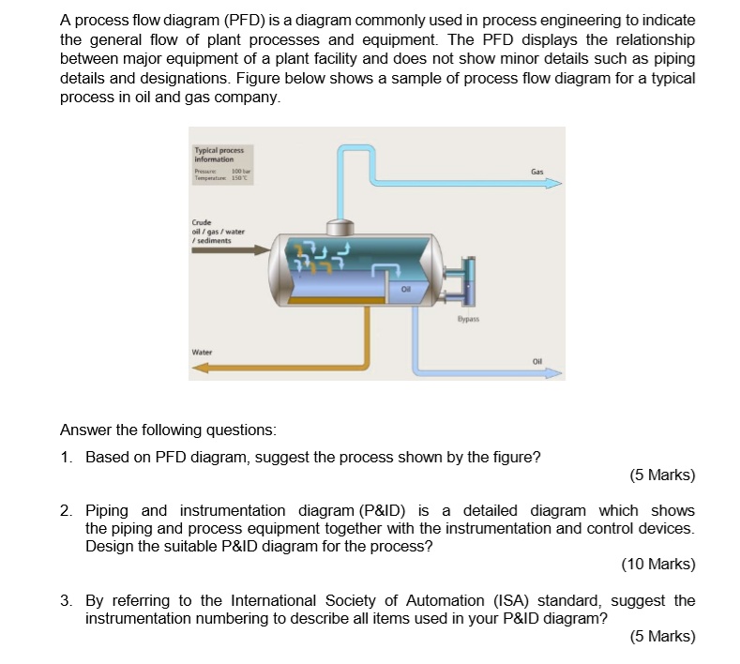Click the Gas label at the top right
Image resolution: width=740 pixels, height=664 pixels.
pyautogui.click(x=536, y=173)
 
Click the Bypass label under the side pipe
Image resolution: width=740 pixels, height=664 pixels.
pyautogui.click(x=468, y=319)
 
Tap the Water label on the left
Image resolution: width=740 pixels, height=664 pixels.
pyautogui.click(x=202, y=353)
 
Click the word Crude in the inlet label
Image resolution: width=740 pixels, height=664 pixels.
pyautogui.click(x=203, y=223)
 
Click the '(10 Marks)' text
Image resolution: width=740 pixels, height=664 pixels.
pyautogui.click(x=657, y=564)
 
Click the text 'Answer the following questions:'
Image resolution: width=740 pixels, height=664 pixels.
pyautogui.click(x=168, y=430)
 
